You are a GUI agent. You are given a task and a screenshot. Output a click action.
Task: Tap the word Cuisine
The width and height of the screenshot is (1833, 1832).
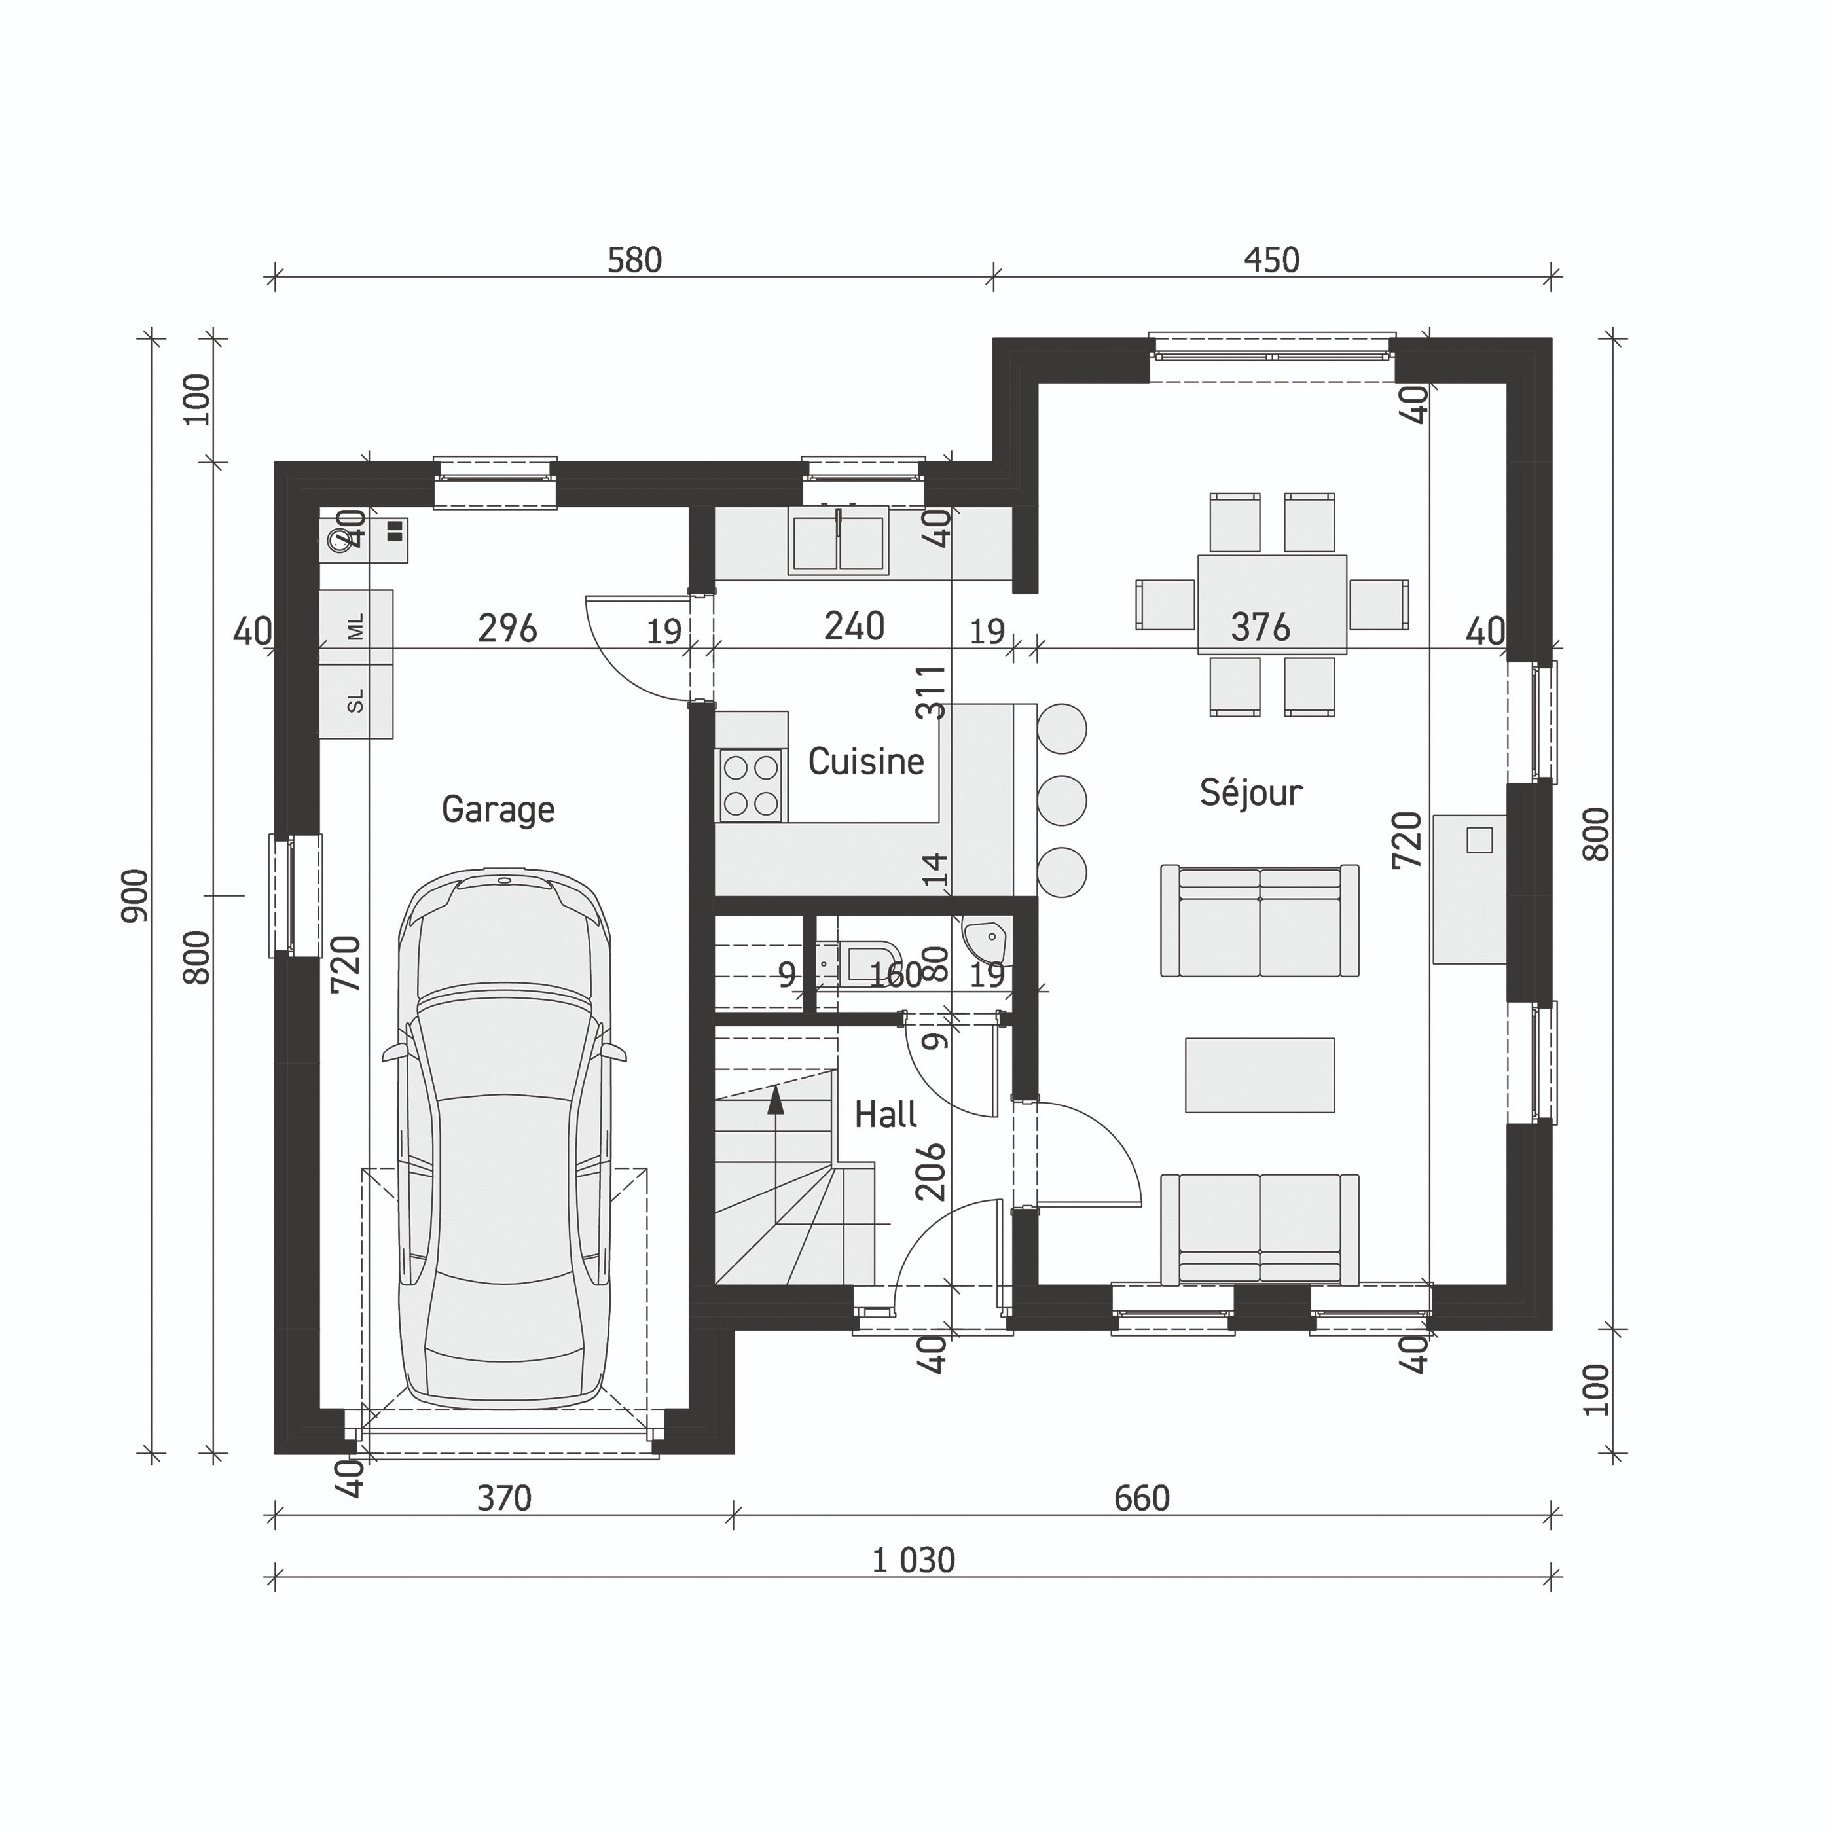(x=865, y=762)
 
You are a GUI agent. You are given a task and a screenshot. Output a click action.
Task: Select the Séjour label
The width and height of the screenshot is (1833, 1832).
(x=1250, y=792)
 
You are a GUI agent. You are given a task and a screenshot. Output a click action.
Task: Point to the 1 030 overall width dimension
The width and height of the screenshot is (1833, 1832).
(x=913, y=1560)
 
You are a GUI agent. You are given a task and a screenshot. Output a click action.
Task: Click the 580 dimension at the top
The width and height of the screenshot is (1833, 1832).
(x=634, y=260)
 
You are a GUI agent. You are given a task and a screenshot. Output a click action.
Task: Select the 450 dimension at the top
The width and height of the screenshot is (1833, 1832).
(x=1271, y=260)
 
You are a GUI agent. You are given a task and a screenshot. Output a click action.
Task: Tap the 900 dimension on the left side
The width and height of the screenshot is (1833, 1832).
(x=136, y=895)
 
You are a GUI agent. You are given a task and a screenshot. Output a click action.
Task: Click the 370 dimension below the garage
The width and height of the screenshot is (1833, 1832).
(x=504, y=1499)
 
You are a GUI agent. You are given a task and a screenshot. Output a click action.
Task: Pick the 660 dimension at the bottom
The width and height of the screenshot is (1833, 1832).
(x=1141, y=1499)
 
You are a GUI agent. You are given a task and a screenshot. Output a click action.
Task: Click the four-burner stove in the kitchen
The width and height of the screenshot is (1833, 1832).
(x=750, y=785)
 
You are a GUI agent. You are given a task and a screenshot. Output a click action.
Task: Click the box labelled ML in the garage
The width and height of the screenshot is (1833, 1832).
(x=355, y=627)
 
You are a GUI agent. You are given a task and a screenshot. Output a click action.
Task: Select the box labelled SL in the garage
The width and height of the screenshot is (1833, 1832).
(x=355, y=701)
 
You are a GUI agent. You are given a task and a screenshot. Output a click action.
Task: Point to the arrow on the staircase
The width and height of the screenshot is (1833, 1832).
(x=776, y=1100)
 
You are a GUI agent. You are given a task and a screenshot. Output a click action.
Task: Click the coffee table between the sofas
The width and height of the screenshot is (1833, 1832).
(x=1259, y=1075)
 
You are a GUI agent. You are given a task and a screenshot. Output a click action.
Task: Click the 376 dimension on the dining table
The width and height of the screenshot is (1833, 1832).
(x=1260, y=627)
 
